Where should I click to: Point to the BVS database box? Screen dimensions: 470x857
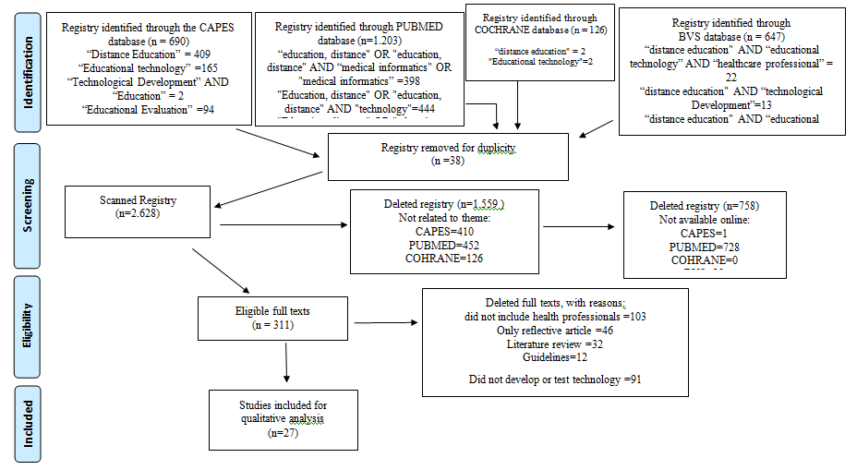click(x=732, y=71)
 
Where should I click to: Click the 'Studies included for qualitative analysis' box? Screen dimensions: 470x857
click(x=284, y=419)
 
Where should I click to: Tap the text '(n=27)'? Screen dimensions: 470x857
click(x=284, y=432)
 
